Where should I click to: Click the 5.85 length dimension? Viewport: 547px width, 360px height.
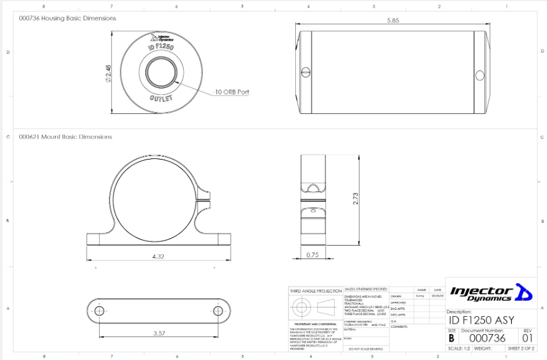393,20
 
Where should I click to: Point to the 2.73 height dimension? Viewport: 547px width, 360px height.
355,199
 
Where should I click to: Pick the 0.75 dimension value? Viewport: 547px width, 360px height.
312,255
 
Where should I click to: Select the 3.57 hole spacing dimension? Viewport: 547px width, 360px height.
158,333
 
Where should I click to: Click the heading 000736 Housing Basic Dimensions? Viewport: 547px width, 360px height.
67,19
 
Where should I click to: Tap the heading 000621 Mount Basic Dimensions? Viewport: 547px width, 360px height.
65,137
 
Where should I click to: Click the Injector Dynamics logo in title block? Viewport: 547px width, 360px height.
490,292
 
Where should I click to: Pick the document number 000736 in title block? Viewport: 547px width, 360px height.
488,338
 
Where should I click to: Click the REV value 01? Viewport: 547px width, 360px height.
527,338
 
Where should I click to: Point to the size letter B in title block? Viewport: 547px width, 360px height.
452,338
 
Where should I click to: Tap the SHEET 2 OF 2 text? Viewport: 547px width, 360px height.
520,349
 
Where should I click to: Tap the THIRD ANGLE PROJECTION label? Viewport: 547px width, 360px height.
316,291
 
